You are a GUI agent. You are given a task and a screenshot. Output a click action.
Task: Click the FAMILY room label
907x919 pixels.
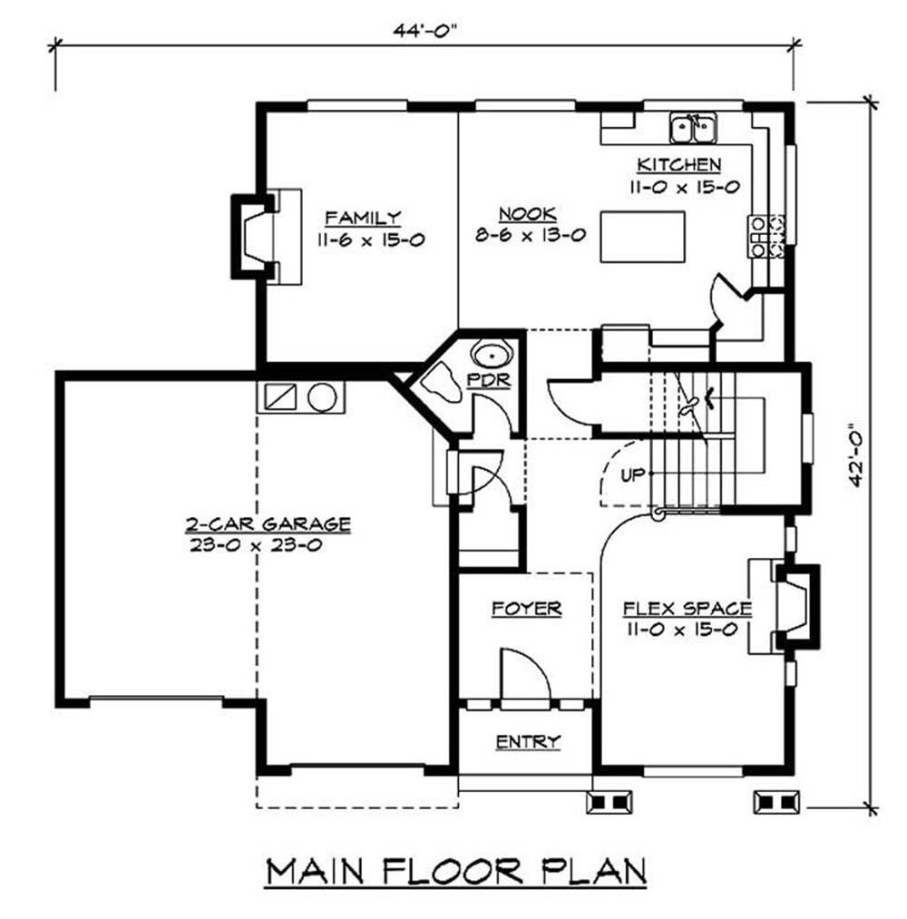[362, 218]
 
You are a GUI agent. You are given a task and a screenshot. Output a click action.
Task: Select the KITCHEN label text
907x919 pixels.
[678, 165]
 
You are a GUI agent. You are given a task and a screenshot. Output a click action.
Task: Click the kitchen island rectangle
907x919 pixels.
[643, 237]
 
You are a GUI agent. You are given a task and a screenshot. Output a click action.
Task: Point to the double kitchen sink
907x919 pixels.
[692, 130]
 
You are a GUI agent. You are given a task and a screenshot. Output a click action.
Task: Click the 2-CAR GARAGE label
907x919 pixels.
[268, 524]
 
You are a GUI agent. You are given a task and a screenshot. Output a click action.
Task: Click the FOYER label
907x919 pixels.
[526, 609]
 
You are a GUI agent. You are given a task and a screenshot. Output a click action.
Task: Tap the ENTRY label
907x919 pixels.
[527, 742]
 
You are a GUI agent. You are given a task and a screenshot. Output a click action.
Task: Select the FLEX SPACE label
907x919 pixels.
[687, 609]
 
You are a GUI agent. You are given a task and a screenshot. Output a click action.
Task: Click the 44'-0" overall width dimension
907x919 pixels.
[424, 29]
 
